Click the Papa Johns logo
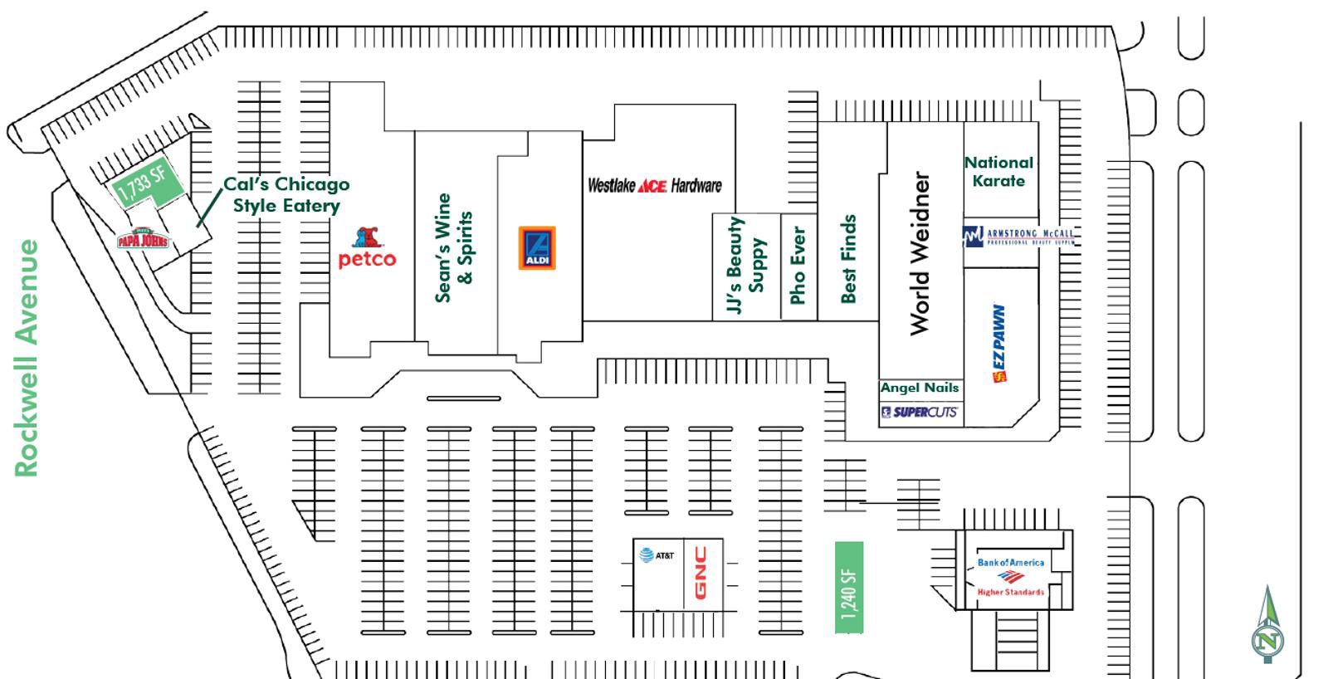(x=144, y=240)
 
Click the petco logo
(x=367, y=248)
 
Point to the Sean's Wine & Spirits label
(x=454, y=247)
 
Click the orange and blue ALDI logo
(x=537, y=248)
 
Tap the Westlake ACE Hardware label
(x=654, y=186)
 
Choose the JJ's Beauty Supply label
(x=745, y=266)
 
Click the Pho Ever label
(x=798, y=265)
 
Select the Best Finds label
(x=847, y=259)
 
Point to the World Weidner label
(x=920, y=253)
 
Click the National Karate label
(x=998, y=172)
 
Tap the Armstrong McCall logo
(x=1018, y=237)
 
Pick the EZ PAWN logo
(x=999, y=343)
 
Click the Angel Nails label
(x=919, y=388)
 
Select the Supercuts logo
(x=919, y=412)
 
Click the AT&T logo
(x=657, y=555)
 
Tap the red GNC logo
(x=701, y=573)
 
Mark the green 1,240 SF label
(x=849, y=588)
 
